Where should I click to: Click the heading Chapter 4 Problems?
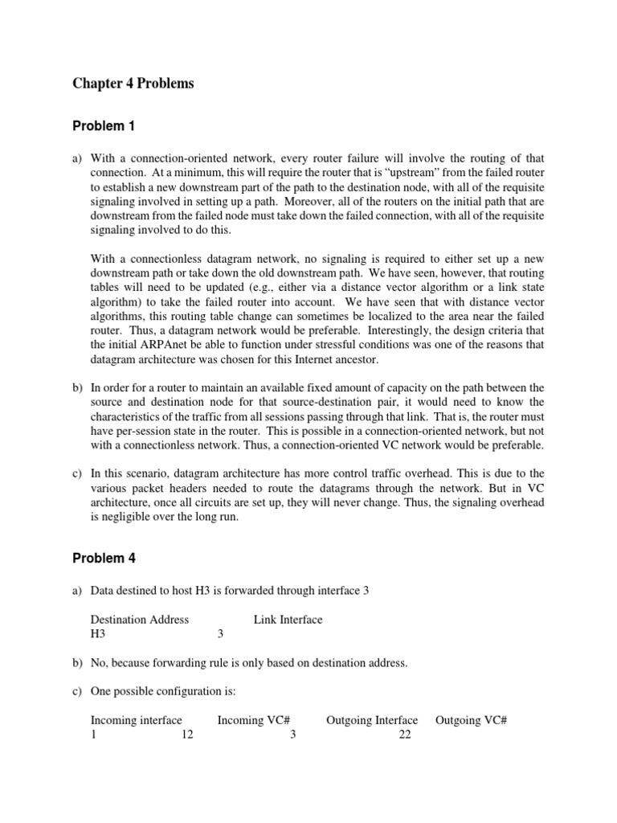(x=133, y=84)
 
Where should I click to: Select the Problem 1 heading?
(x=104, y=125)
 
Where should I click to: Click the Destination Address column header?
(x=140, y=619)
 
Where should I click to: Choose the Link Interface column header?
(x=288, y=619)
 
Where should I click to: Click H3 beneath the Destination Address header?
(x=98, y=633)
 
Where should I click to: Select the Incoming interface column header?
(x=136, y=720)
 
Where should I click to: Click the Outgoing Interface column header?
(x=371, y=720)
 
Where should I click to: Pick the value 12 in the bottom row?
(x=187, y=735)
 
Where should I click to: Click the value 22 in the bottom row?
(x=404, y=735)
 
